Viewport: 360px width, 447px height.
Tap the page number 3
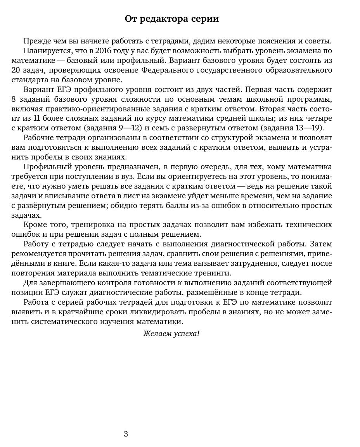pyautogui.click(x=126, y=434)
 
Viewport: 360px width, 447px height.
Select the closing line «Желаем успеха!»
pyautogui.click(x=171, y=333)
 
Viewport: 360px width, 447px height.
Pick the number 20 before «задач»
pyautogui.click(x=16, y=70)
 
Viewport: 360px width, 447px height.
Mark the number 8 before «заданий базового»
pyautogui.click(x=14, y=99)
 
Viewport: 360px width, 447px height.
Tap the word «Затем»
pyautogui.click(x=320, y=244)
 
